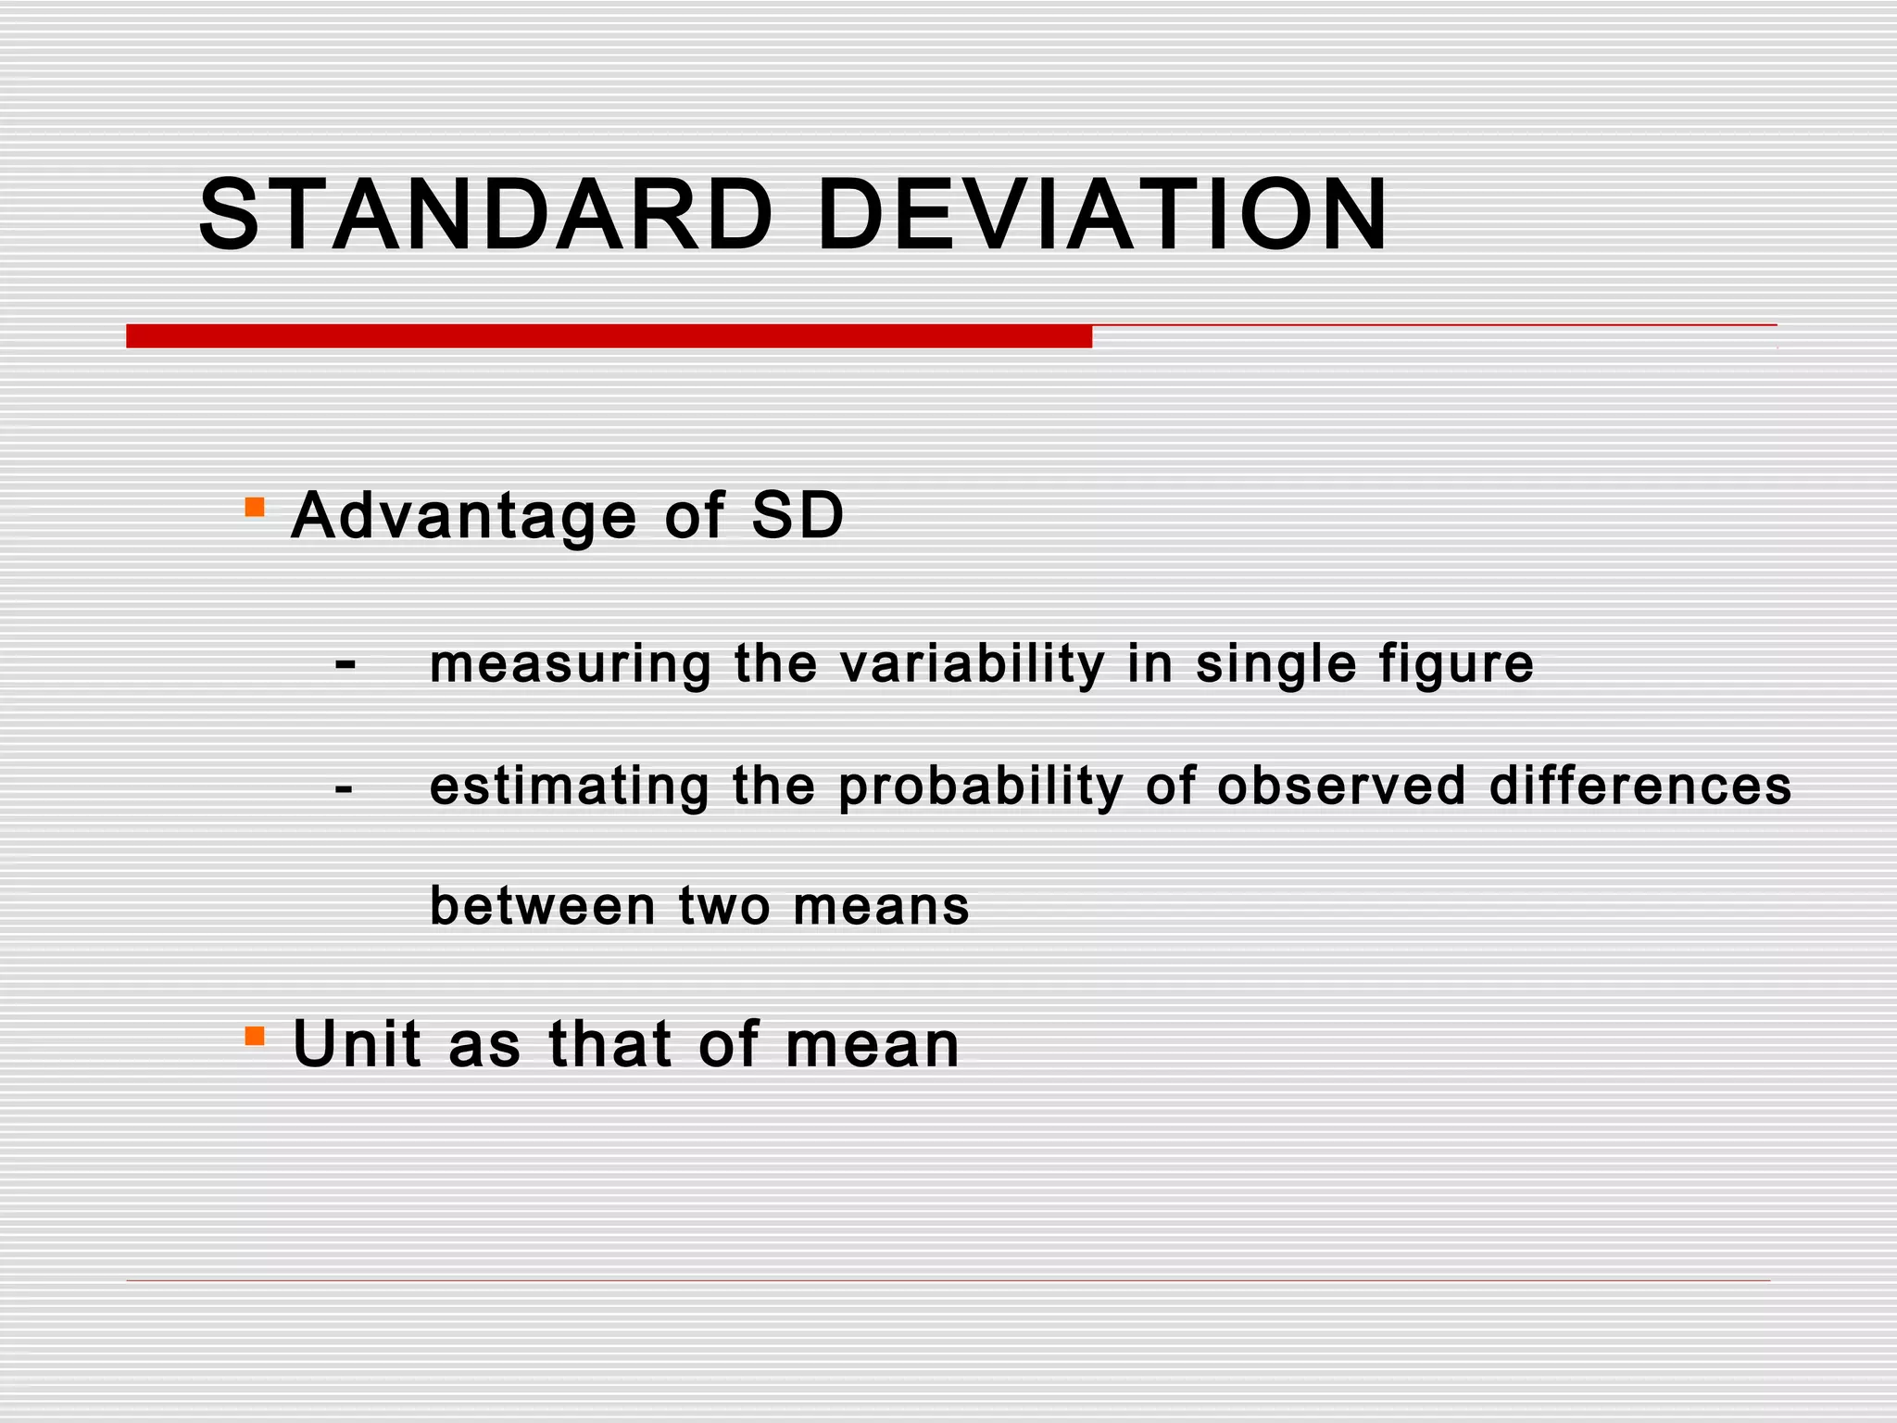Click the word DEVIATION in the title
point(1102,215)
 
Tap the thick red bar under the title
point(609,336)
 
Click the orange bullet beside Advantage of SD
point(255,507)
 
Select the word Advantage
point(464,516)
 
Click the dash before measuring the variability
point(345,663)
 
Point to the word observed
point(1341,786)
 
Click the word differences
point(1639,786)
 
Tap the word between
point(543,905)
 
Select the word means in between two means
point(881,906)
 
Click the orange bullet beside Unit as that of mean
point(255,1035)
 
